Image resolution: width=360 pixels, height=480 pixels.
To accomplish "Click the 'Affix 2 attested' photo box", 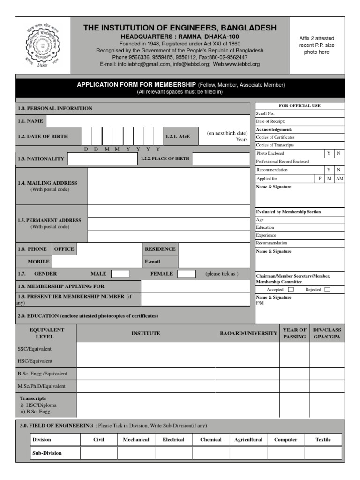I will tap(317, 45).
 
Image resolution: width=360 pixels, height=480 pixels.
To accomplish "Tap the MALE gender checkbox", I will tap(120, 274).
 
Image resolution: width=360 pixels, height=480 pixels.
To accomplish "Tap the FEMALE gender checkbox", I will tap(187, 274).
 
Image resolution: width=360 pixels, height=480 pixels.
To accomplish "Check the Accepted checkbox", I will tap(291, 290).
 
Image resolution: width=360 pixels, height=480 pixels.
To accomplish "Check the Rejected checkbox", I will tap(327, 290).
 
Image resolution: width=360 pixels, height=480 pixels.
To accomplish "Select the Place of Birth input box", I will tap(221, 159).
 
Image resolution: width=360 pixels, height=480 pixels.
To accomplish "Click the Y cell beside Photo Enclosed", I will tap(329, 153).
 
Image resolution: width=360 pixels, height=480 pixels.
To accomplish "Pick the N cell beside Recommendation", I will tap(339, 170).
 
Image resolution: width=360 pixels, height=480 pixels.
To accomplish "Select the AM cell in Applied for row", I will tap(339, 179).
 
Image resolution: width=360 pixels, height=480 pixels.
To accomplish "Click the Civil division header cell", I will tap(98, 440).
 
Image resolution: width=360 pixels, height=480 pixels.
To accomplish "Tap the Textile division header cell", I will tap(323, 440).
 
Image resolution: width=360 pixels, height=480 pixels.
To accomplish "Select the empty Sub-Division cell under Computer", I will tap(285, 453).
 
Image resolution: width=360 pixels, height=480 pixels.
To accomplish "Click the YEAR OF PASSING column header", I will tap(295, 333).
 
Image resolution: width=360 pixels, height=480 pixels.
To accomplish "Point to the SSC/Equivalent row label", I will tap(36, 349).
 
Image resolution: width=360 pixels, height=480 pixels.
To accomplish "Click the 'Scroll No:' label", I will tap(265, 113).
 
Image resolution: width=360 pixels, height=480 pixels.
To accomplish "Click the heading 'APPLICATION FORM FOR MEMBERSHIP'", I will tap(136, 85).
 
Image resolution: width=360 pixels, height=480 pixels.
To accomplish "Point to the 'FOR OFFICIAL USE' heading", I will tap(300, 106).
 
